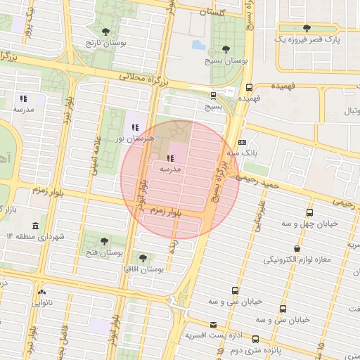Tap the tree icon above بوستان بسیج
tap(225, 48)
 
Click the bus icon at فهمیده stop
tap(249, 87)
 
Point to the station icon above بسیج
tap(212, 95)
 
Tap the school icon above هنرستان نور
tap(135, 127)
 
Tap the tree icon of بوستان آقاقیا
tap(143, 258)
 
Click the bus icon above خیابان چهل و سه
tap(309, 212)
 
